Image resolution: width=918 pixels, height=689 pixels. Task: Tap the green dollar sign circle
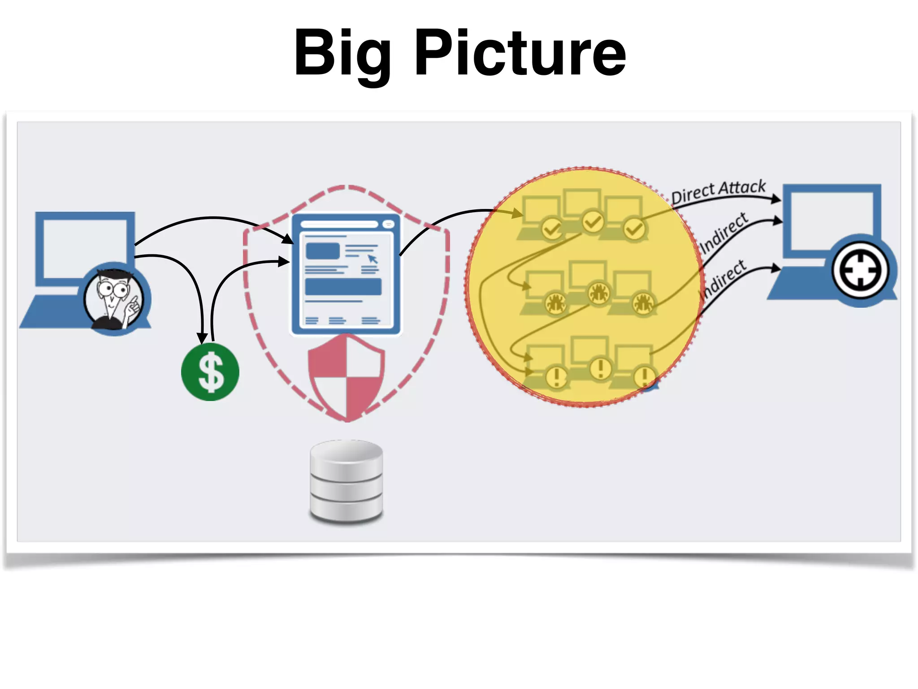coord(210,371)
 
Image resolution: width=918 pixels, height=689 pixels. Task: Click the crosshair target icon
coord(860,270)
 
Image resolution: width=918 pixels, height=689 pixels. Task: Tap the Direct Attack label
coord(718,191)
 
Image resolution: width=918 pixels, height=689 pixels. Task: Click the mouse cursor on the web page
coord(372,259)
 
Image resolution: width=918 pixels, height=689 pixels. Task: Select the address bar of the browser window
coord(339,224)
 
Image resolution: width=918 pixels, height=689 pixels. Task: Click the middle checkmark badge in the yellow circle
coord(593,222)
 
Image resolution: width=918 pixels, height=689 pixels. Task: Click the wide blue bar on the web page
coord(343,287)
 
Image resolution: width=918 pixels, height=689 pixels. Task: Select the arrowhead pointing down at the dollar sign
coord(203,338)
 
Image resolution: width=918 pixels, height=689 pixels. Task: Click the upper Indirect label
coord(723,232)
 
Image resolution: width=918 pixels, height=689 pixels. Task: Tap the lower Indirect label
coord(723,279)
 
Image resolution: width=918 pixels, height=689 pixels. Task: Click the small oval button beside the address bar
coord(388,224)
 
